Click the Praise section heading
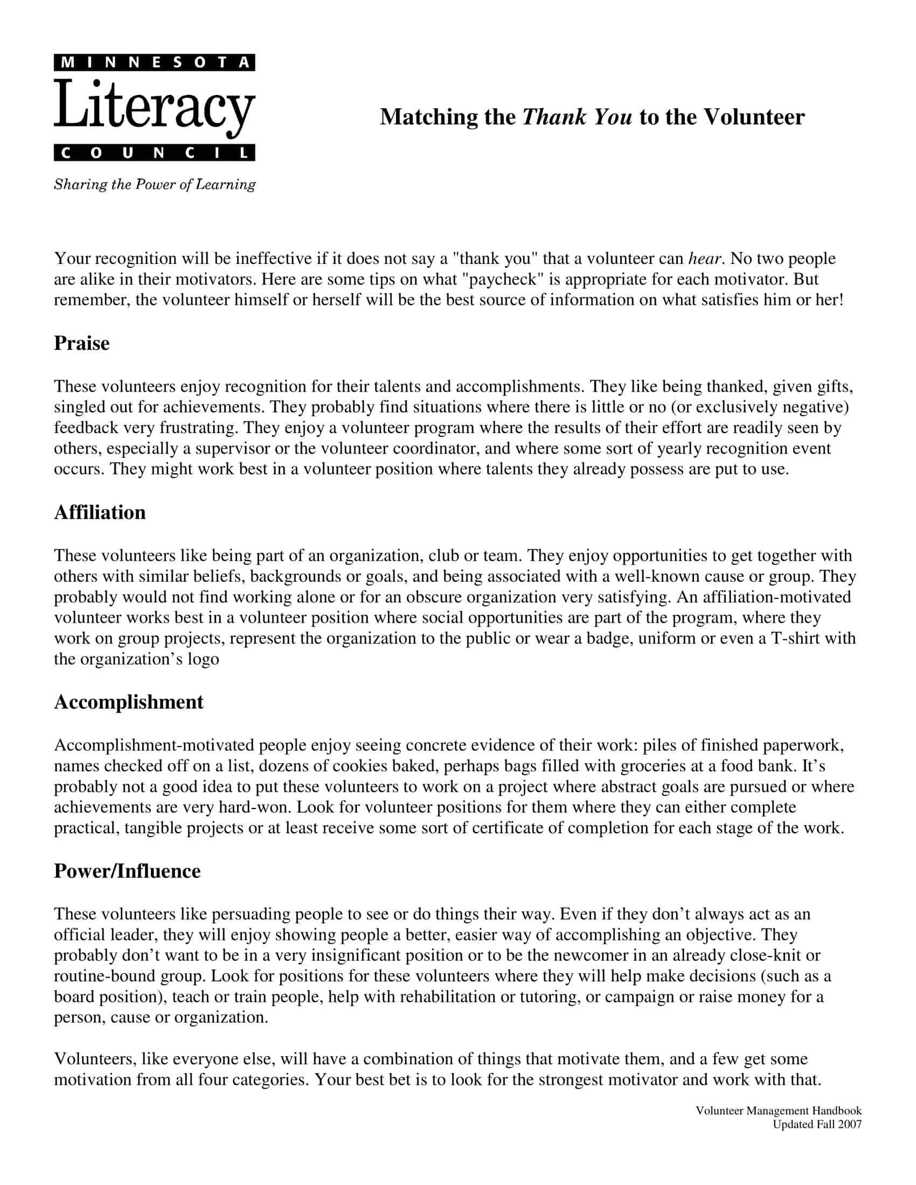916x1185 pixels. [81, 344]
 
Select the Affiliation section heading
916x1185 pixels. [100, 513]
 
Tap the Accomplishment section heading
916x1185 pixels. [129, 702]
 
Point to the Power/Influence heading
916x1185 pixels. [127, 872]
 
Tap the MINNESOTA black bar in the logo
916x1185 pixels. [154, 62]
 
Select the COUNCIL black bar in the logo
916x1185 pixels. [154, 153]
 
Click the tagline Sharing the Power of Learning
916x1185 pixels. [155, 184]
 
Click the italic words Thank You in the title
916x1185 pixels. [577, 117]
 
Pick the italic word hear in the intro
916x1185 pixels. [705, 259]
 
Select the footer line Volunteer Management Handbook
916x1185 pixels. [778, 1111]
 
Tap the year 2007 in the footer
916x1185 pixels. [850, 1124]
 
